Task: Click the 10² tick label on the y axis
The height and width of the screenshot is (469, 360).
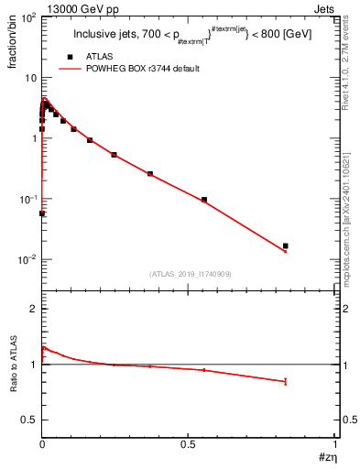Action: point(27,17)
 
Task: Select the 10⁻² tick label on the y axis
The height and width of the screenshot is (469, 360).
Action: point(27,260)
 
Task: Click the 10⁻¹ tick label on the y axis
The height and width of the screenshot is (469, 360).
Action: point(27,199)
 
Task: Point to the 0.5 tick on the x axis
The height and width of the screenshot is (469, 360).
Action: point(189,443)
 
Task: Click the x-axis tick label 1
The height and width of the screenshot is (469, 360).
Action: point(335,443)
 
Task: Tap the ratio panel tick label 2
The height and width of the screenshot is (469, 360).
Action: point(33,310)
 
